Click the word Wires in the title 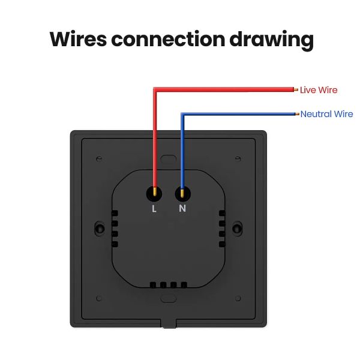pyautogui.click(x=78, y=39)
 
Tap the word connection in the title pyautogui.click(x=168, y=39)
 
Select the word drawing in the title pyautogui.click(x=272, y=40)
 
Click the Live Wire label pyautogui.click(x=319, y=90)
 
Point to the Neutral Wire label pyautogui.click(x=326, y=114)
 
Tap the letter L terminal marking pyautogui.click(x=154, y=208)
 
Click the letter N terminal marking pyautogui.click(x=182, y=208)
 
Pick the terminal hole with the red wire pyautogui.click(x=154, y=194)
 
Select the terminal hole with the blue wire pyautogui.click(x=182, y=194)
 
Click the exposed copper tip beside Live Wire pyautogui.click(x=296, y=89)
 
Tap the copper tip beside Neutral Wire pyautogui.click(x=297, y=114)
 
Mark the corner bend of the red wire pyautogui.click(x=155, y=89)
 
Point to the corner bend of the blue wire pyautogui.click(x=183, y=114)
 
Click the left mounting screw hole pyautogui.click(x=100, y=229)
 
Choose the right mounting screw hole pyautogui.click(x=237, y=229)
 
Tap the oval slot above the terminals pyautogui.click(x=168, y=159)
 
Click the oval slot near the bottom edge pyautogui.click(x=168, y=298)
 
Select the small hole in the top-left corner pyautogui.click(x=99, y=158)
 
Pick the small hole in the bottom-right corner pyautogui.click(x=238, y=298)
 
